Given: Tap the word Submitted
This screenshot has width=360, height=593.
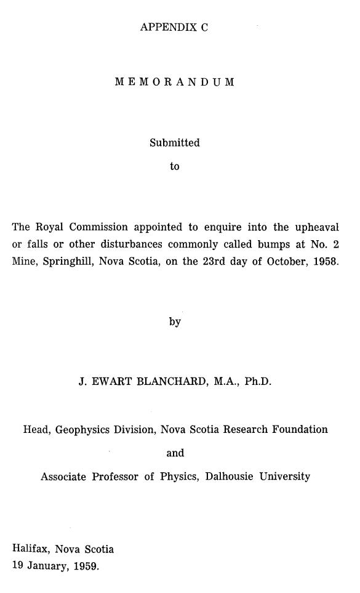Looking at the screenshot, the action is [175, 143].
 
